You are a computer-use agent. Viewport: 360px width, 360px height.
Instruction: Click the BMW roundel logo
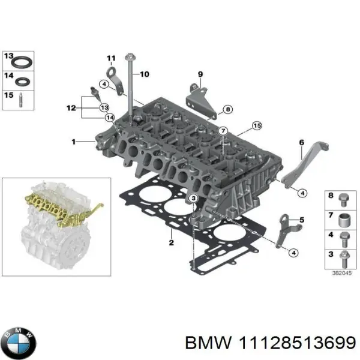(x=19, y=343)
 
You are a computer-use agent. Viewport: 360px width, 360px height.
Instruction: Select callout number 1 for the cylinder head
(x=74, y=142)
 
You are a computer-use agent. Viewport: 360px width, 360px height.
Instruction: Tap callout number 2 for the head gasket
(x=171, y=242)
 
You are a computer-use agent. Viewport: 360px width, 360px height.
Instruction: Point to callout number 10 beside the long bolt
(x=145, y=74)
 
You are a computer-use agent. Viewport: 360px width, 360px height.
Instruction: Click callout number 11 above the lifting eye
(x=110, y=58)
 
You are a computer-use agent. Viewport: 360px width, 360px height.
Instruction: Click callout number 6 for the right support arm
(x=302, y=142)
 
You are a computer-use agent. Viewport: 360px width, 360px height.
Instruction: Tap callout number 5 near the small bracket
(x=302, y=220)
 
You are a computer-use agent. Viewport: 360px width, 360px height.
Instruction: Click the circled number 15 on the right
(x=257, y=126)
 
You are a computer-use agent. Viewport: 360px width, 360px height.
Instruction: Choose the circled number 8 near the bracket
(x=227, y=110)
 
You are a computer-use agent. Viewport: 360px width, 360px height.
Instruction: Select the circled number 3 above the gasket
(x=193, y=199)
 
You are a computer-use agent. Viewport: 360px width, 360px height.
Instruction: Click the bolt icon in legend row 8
(x=344, y=197)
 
